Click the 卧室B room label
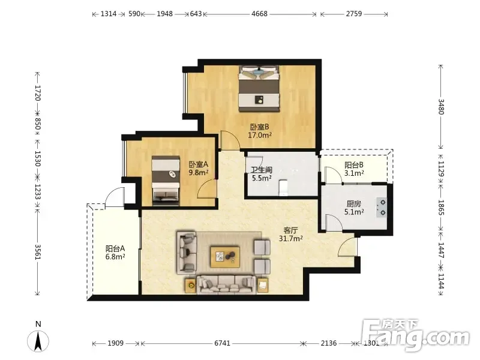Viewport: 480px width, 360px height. [260, 127]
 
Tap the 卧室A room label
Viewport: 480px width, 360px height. [199, 164]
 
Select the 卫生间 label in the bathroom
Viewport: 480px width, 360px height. [262, 170]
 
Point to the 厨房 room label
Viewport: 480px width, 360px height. [354, 203]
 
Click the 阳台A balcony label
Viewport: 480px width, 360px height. [115, 248]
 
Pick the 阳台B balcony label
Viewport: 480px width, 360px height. [354, 165]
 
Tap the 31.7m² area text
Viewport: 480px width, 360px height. [290, 238]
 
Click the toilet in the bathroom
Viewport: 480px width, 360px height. [283, 188]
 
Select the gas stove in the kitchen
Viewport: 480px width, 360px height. [382, 208]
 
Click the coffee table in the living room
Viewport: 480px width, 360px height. [225, 257]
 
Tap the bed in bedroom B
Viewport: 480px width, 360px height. [259, 88]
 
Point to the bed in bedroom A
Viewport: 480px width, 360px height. [166, 181]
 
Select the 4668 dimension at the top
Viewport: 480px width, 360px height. [260, 14]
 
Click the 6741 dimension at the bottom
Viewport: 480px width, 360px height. [222, 343]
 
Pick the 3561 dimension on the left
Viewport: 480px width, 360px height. [37, 252]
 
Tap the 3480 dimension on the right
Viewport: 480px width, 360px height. [441, 107]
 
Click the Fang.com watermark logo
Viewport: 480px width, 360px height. [415, 335]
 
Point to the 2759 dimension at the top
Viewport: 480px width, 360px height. [354, 14]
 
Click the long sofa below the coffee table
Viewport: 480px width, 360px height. [226, 284]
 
